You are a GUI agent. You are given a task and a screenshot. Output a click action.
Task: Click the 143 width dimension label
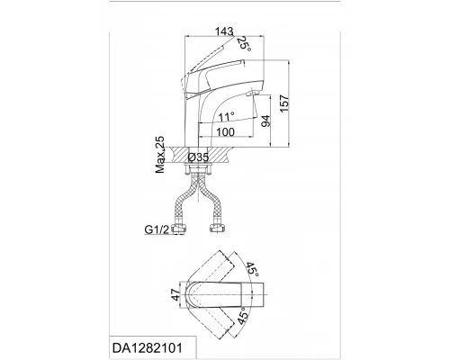tap(224, 31)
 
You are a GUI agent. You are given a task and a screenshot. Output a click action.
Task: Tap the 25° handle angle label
tap(244, 44)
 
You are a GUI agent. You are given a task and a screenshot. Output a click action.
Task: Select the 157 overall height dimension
tap(284, 103)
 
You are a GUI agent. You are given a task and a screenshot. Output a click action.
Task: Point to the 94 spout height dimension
tap(265, 121)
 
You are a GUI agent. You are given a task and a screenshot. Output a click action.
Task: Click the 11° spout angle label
tap(226, 116)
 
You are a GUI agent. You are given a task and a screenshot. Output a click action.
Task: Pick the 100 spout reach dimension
tap(225, 131)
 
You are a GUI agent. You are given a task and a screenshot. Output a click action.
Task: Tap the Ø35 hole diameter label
tap(198, 157)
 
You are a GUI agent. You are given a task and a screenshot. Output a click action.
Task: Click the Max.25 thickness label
tap(160, 155)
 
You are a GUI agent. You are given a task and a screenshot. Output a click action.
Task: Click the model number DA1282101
tap(148, 348)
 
